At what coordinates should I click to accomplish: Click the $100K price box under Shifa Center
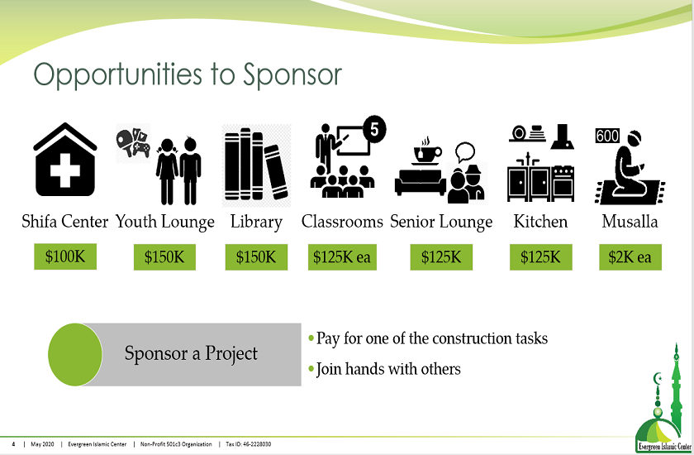pos(65,256)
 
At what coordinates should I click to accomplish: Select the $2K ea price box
pos(630,257)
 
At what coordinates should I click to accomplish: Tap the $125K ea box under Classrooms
pos(342,257)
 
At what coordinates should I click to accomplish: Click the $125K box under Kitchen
pos(540,257)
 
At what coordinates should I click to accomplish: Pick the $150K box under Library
pos(256,257)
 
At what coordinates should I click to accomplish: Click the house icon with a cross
pos(65,160)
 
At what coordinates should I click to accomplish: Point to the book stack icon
pos(257,165)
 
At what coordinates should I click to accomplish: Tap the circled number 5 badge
pos(374,129)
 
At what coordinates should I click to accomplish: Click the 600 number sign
pos(607,136)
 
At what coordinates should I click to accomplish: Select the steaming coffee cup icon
pos(426,152)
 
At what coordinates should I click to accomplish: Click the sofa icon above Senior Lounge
pos(420,182)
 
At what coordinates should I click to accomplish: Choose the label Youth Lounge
pos(165,222)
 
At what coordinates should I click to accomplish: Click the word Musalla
pos(630,221)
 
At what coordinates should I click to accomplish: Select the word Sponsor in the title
pos(292,74)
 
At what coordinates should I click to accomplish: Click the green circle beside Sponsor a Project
pos(75,354)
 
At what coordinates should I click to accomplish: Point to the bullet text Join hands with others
pos(388,369)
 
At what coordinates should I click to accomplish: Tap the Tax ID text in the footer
pos(249,444)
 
